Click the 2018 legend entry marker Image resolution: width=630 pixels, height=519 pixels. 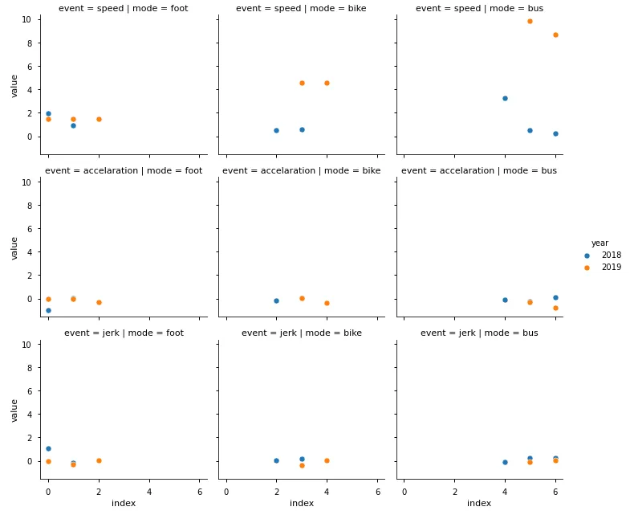click(x=587, y=255)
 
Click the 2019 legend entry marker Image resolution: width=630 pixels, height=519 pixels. click(x=587, y=268)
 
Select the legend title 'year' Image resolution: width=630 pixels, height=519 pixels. click(x=600, y=243)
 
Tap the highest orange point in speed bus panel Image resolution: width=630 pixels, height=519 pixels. click(x=530, y=21)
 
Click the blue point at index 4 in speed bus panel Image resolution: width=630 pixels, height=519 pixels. click(x=505, y=98)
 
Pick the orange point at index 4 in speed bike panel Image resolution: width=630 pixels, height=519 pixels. click(x=327, y=83)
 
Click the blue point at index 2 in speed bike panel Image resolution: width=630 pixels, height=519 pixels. click(x=276, y=130)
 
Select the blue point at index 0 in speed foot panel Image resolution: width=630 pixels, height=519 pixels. click(x=48, y=113)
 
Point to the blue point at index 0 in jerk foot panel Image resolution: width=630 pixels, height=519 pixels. click(x=48, y=448)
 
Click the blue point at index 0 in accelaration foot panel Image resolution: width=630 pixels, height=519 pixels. click(x=48, y=310)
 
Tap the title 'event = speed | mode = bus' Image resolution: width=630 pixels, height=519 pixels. click(x=479, y=9)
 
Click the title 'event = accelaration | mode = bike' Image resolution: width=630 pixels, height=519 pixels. click(x=302, y=170)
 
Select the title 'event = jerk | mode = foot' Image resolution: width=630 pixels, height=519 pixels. click(x=124, y=333)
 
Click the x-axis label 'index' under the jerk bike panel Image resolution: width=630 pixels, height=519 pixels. click(x=302, y=504)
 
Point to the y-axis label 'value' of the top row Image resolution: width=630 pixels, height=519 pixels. click(x=14, y=86)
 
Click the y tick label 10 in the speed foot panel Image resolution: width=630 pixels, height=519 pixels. click(x=27, y=19)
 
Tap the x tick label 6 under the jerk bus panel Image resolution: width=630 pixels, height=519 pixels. click(x=555, y=491)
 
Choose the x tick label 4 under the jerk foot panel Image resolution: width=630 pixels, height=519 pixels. click(x=149, y=491)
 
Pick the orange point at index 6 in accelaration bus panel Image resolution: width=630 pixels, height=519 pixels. click(x=555, y=308)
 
